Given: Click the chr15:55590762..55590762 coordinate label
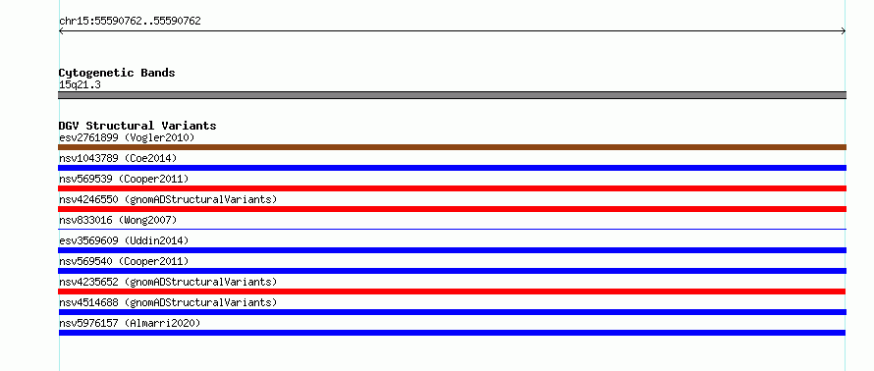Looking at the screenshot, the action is point(130,22).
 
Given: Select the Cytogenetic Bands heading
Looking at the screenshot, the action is point(117,73).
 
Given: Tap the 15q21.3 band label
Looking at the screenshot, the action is point(80,85).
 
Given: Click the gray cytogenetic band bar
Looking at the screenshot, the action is point(452,95).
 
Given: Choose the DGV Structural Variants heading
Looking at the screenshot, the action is point(137,126).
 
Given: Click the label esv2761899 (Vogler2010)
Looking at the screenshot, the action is point(127,137).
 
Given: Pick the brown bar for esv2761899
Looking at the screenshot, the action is point(452,147).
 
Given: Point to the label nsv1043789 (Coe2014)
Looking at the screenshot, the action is point(118,158).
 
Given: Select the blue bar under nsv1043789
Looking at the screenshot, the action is point(452,168).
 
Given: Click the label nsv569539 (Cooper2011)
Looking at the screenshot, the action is point(124,179).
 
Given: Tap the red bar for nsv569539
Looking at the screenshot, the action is point(452,188).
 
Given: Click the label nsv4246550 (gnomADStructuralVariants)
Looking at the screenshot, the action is point(168,199).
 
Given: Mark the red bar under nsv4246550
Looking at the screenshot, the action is point(452,209).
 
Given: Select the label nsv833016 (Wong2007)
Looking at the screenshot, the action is point(118,220).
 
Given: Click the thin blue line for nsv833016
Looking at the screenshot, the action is point(452,229).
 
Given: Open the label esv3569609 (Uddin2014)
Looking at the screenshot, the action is point(124,240).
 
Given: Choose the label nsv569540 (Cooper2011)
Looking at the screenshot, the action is point(124,261).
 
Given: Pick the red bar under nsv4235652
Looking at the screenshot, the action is point(452,291).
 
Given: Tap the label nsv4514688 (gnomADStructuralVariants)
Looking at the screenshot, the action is point(168,302).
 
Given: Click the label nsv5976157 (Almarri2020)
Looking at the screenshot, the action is point(130,323).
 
